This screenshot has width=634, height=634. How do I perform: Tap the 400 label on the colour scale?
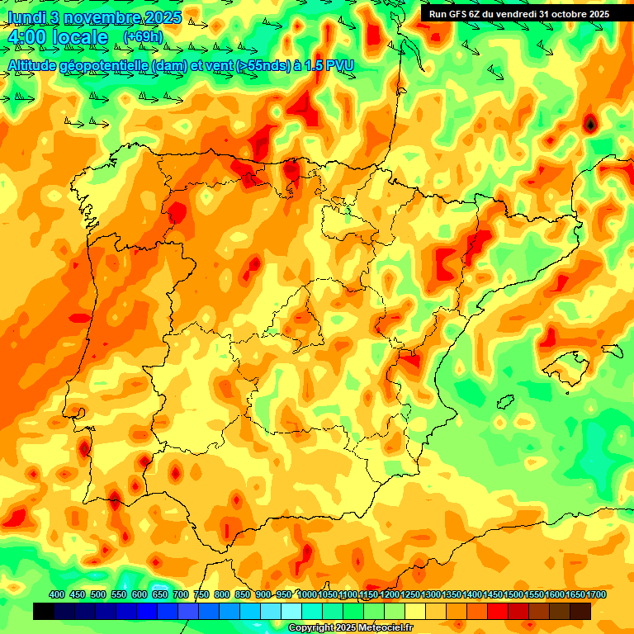coord(57,594)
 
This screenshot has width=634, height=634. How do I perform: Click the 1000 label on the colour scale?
coord(306,594)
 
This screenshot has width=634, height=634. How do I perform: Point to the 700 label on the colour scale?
coord(181,594)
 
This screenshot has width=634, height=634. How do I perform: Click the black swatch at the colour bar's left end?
coord(44,611)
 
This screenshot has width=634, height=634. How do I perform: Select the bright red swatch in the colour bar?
coord(498,611)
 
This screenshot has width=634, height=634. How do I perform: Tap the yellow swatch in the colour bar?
coord(415,611)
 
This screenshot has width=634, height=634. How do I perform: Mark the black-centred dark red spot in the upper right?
coord(590,124)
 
